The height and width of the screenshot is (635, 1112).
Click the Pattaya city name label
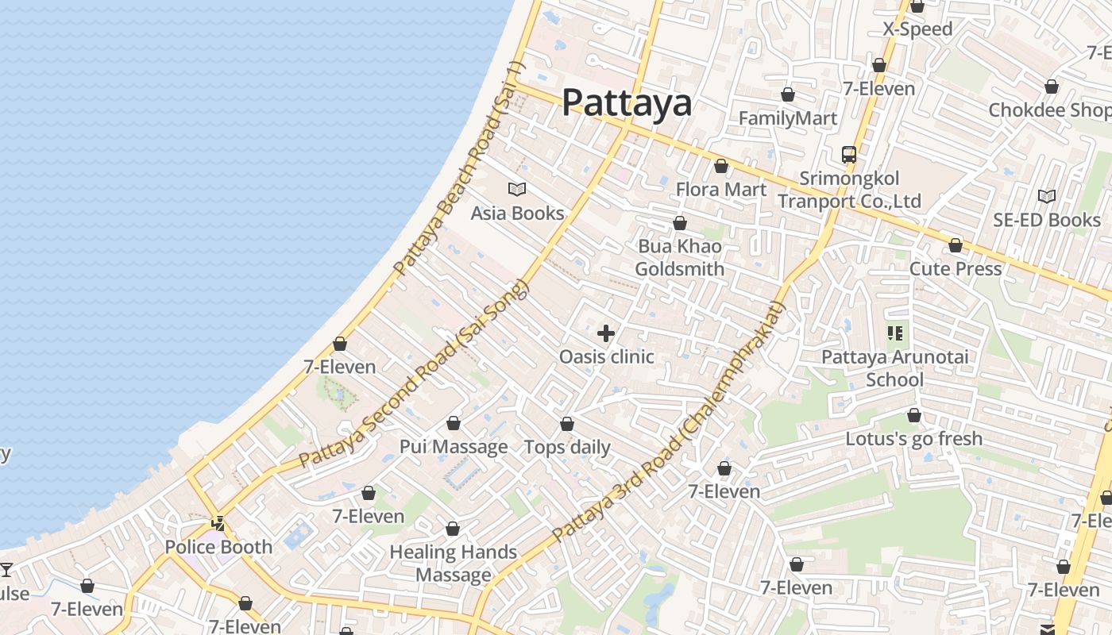[x=627, y=103]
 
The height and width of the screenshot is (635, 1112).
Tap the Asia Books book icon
[x=517, y=189]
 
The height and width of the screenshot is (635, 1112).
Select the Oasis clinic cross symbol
[x=606, y=333]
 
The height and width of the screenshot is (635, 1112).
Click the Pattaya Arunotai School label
[x=894, y=368]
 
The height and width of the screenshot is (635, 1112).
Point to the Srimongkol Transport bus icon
[x=849, y=154]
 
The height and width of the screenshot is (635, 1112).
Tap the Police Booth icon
[x=218, y=524]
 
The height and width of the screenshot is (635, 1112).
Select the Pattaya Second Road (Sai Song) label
[x=413, y=373]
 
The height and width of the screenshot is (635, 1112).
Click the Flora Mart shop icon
[x=721, y=166]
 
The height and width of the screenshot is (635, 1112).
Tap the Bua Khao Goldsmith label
[x=680, y=257]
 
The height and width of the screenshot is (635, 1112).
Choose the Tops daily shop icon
[x=567, y=424]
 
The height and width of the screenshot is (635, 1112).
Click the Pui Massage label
[x=454, y=446]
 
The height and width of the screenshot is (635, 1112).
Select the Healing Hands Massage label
[x=453, y=563]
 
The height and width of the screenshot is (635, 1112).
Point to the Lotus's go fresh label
[x=913, y=438]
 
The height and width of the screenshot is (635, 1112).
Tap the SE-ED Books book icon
[x=1047, y=196]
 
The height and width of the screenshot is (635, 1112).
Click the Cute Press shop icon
[x=956, y=245]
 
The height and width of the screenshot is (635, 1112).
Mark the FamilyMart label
[x=788, y=118]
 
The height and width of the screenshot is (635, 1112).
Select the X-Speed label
[x=917, y=29]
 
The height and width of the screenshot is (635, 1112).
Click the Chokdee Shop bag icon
[x=1052, y=87]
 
